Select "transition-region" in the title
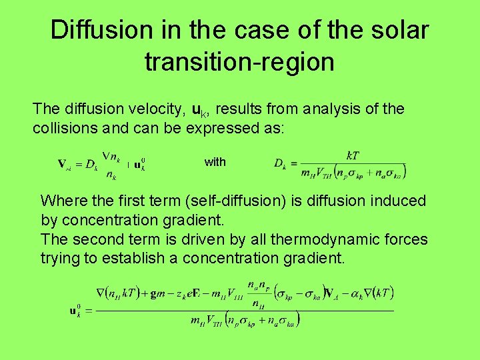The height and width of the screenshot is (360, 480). coord(239,62)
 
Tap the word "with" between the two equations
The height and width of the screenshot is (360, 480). coord(215,162)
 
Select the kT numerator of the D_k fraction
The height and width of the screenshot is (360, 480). coord(353,155)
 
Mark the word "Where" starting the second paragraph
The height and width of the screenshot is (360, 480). coord(61,201)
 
